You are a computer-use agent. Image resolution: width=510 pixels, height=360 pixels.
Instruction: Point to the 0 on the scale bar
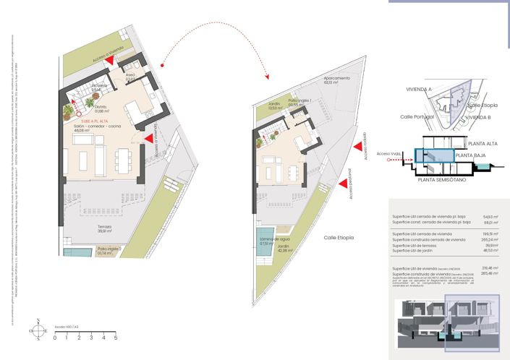pos(55,338)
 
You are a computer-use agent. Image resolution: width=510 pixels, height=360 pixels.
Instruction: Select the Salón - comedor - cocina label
pos(96,127)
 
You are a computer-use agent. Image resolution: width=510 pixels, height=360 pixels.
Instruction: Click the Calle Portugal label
pos(416,116)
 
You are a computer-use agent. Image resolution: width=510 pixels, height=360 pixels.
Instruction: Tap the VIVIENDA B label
pos(478,116)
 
